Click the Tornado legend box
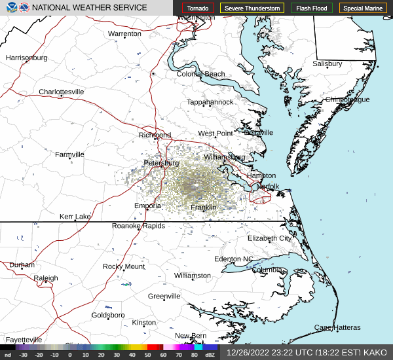pyautogui.click(x=198, y=9)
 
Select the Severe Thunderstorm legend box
pyautogui.click(x=252, y=9)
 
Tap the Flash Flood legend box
pyautogui.click(x=312, y=9)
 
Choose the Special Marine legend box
pyautogui.click(x=364, y=9)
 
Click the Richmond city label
pyautogui.click(x=155, y=135)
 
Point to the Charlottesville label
pyautogui.click(x=62, y=92)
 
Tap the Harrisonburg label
pyautogui.click(x=27, y=58)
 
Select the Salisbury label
pyautogui.click(x=327, y=64)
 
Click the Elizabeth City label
pyautogui.click(x=269, y=238)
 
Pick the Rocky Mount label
pyautogui.click(x=124, y=266)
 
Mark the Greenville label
pyautogui.click(x=164, y=297)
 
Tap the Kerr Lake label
pyautogui.click(x=75, y=217)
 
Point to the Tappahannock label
pyautogui.click(x=210, y=102)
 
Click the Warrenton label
pyautogui.click(x=124, y=33)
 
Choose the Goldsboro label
pyautogui.click(x=108, y=315)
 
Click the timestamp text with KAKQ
pyautogui.click(x=307, y=352)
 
